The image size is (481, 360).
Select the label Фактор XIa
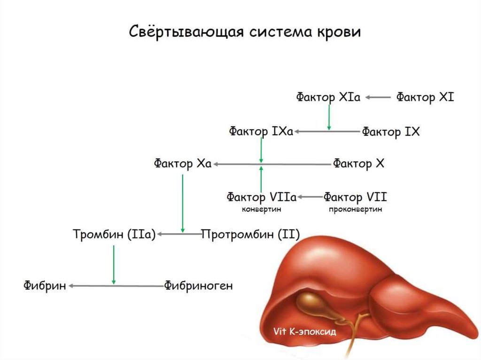point(328,98)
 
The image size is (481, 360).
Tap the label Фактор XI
point(425,98)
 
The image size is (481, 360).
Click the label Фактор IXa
point(261,131)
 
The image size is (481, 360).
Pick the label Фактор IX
point(390,132)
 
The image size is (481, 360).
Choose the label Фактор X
point(359,164)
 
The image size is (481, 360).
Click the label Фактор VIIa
point(261,197)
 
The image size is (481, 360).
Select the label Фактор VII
point(356,197)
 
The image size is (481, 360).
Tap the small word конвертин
point(261,209)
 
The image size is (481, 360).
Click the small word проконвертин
point(356,209)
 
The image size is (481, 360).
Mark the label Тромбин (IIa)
point(114,234)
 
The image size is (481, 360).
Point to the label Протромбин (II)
point(250,234)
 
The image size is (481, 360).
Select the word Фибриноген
point(198,285)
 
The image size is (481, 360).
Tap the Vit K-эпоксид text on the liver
point(305,331)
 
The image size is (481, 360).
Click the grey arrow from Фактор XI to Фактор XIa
point(378,98)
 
